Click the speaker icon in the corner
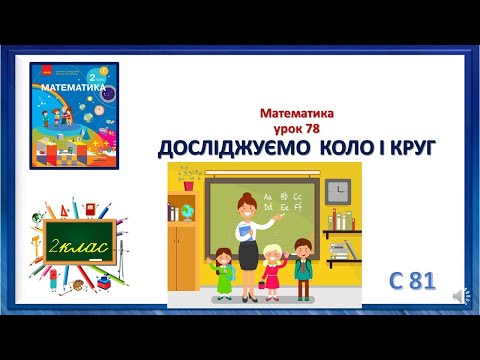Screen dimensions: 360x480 458,296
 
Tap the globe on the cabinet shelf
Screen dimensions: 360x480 186,213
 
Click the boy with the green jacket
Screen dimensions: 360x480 303,263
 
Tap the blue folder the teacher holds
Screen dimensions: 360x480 243,234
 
